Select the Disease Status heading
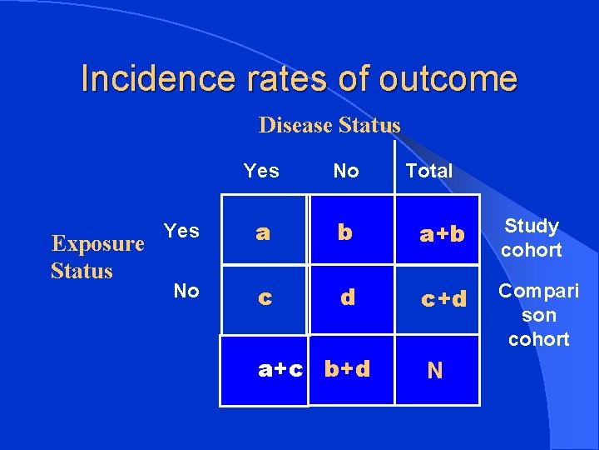(x=329, y=125)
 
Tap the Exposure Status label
(x=97, y=257)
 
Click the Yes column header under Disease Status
(x=261, y=171)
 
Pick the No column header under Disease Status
(x=346, y=171)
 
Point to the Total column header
(x=428, y=171)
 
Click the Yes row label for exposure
(x=181, y=230)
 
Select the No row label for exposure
(x=186, y=291)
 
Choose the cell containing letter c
(x=264, y=297)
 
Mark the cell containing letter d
(x=348, y=297)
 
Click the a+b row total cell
(x=442, y=234)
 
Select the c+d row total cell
(x=443, y=297)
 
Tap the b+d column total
(x=348, y=369)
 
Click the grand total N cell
(x=435, y=371)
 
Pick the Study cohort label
(x=532, y=237)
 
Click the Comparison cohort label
(x=539, y=315)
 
